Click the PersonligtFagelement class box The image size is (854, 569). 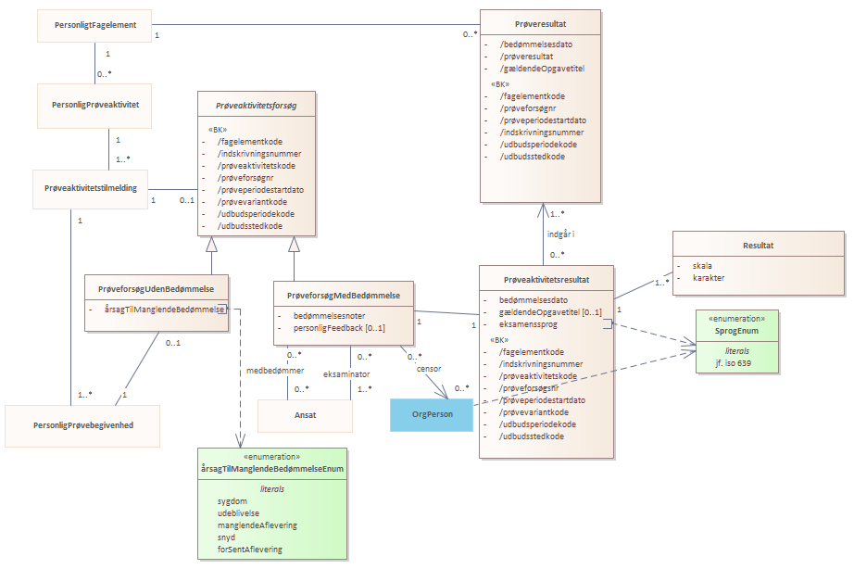[x=94, y=26]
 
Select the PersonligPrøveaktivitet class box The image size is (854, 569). [x=94, y=106]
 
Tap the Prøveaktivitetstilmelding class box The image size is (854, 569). [x=91, y=189]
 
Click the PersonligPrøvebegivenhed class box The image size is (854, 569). [x=82, y=425]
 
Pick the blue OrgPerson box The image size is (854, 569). [x=432, y=415]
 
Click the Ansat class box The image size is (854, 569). [x=305, y=416]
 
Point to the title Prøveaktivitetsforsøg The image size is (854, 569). [x=256, y=106]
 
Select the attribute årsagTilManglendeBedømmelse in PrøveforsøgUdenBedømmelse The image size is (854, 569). [x=164, y=310]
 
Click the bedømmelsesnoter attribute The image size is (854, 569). [x=329, y=316]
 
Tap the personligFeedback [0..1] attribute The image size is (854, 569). [x=339, y=328]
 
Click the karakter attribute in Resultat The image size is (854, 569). [x=708, y=278]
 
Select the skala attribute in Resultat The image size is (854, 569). [x=702, y=266]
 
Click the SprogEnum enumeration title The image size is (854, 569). [x=736, y=331]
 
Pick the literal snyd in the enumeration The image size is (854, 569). [x=226, y=537]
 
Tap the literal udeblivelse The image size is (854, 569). [x=238, y=513]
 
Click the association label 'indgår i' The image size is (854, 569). [x=560, y=234]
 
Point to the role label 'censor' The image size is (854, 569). [x=429, y=369]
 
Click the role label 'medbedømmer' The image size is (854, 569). [x=275, y=371]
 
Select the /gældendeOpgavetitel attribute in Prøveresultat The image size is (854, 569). [x=542, y=69]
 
